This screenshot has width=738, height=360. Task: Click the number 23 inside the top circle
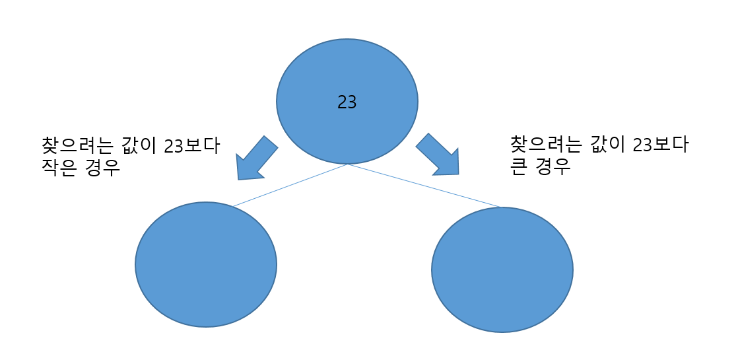pyautogui.click(x=347, y=102)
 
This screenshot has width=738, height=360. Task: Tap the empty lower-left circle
pyautogui.click(x=206, y=264)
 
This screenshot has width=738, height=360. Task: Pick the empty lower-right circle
pyautogui.click(x=502, y=270)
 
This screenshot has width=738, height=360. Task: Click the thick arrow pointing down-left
pyautogui.click(x=255, y=159)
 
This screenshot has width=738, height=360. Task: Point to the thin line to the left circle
pyautogui.click(x=290, y=185)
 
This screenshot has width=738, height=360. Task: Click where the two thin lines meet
pyautogui.click(x=348, y=164)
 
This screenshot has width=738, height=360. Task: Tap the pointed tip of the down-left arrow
pyautogui.click(x=239, y=178)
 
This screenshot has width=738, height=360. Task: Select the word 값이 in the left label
pyautogui.click(x=139, y=145)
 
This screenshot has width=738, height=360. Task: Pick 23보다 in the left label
pyautogui.click(x=192, y=145)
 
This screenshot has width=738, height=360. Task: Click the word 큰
pyautogui.click(x=519, y=166)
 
